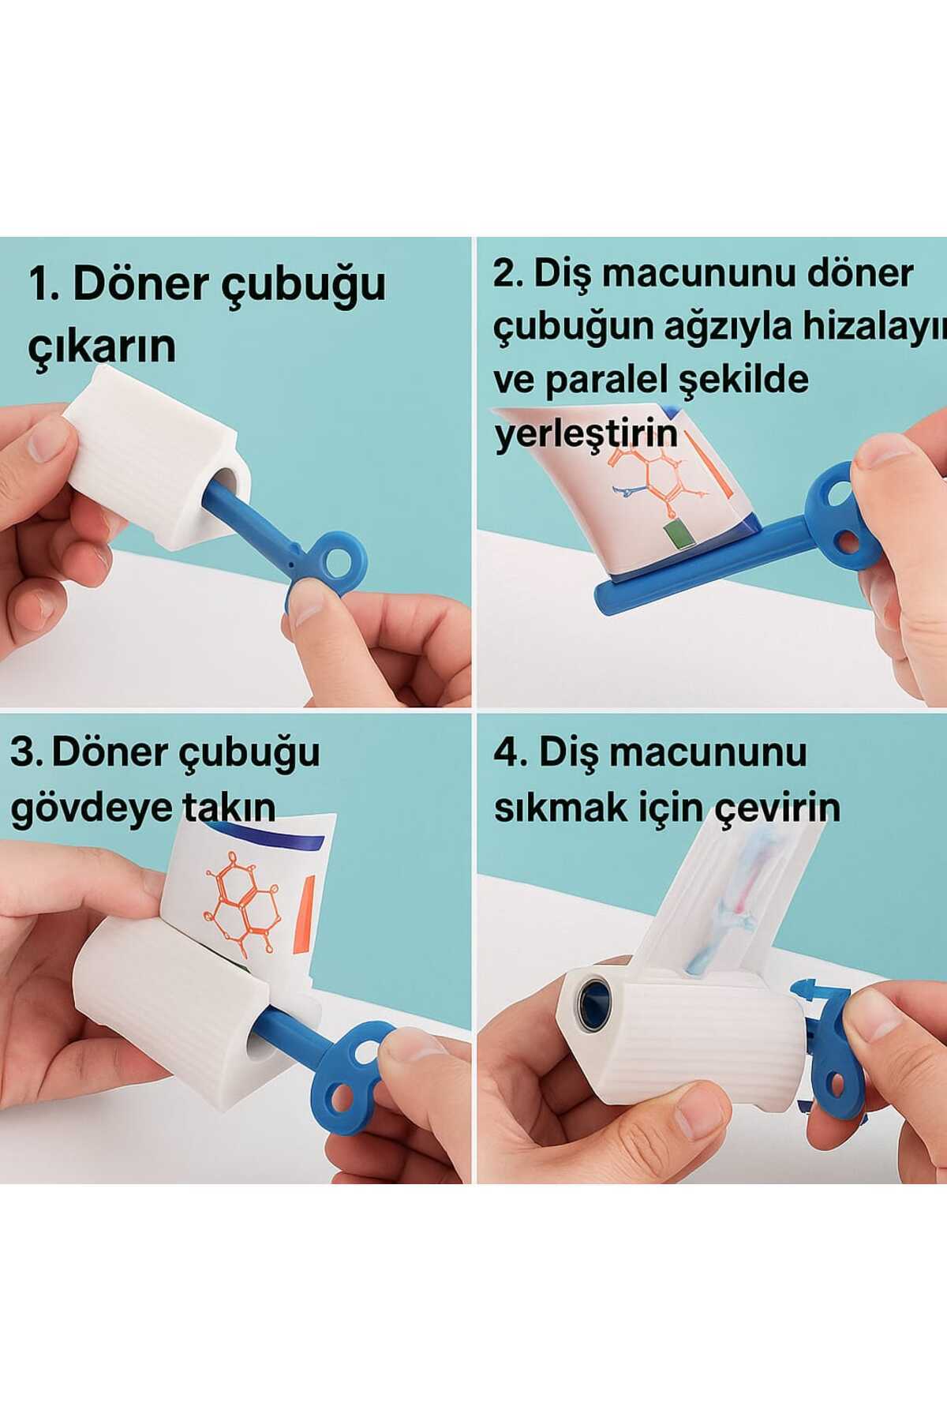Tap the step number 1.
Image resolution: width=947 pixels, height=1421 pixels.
click(42, 283)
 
